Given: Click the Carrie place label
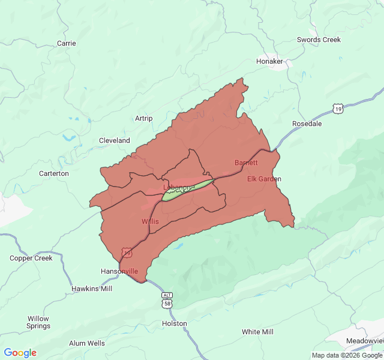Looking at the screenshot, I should point(66,43).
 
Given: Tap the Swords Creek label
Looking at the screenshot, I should point(319,40).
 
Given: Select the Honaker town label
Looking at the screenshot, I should point(269,61).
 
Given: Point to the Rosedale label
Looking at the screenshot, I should point(307,124).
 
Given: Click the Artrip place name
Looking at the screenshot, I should point(144,118).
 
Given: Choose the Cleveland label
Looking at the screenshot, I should point(115,140).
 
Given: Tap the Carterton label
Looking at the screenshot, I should point(54,173).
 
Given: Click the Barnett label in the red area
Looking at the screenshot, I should point(246,163).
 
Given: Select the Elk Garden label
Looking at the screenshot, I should point(264,179).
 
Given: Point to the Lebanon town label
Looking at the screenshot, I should point(178,187).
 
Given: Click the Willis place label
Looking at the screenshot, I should point(150,221).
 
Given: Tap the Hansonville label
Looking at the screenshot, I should point(120,271).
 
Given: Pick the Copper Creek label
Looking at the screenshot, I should point(31,258).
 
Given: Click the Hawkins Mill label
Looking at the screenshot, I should point(92,289).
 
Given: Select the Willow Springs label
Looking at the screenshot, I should point(38,322).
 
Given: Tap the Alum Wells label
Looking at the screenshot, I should point(86,343).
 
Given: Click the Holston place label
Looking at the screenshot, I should point(175,323).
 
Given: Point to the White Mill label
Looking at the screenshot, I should point(257,332).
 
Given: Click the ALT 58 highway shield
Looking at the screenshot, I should point(167,301).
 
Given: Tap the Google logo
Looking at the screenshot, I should point(20,353).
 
